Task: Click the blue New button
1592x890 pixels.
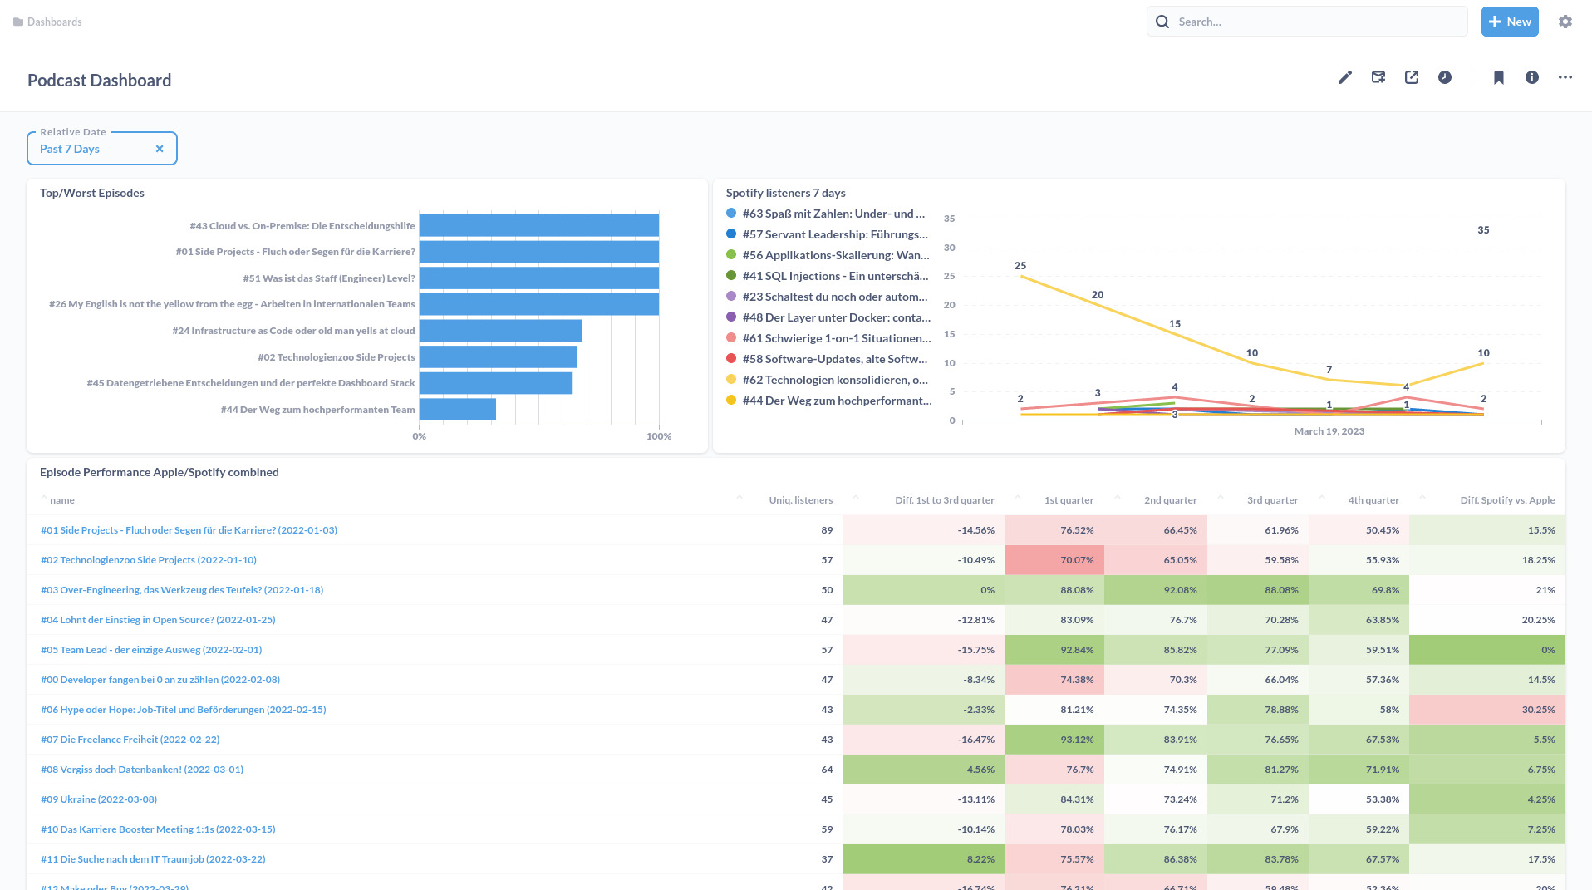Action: (x=1509, y=22)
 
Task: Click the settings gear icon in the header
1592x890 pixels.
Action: (x=1565, y=22)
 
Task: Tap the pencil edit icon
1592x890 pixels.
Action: (x=1345, y=77)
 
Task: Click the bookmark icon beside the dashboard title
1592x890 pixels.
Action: (x=1499, y=77)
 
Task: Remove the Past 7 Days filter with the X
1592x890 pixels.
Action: (x=160, y=149)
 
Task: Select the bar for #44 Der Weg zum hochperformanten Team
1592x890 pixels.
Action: (x=458, y=410)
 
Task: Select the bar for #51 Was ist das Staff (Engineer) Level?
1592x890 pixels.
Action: (x=538, y=278)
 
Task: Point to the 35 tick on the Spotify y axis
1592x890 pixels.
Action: (x=950, y=219)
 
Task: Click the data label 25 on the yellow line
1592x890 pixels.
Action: (x=1020, y=266)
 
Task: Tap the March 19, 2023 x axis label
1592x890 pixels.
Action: (x=1329, y=431)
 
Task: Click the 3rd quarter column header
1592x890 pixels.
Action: (x=1271, y=500)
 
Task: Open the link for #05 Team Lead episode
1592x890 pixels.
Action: (x=151, y=650)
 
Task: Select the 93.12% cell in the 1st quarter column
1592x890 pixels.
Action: (x=1077, y=740)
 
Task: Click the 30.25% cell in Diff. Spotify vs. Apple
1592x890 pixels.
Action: (x=1538, y=710)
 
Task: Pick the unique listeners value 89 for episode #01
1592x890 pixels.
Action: (x=827, y=530)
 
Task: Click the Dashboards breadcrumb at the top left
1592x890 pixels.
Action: (x=54, y=22)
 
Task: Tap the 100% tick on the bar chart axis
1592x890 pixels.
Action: (x=659, y=436)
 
